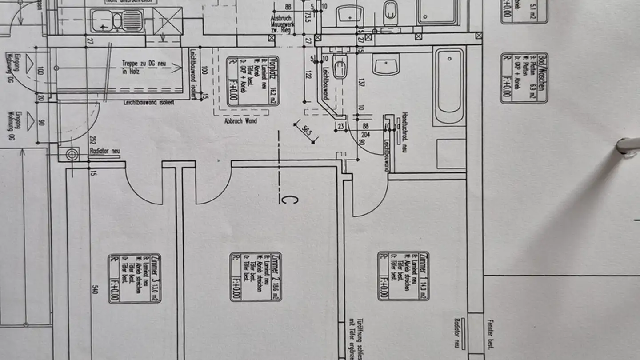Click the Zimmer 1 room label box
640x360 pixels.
pyautogui.click(x=404, y=276)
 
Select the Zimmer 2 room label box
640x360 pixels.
pyautogui.click(x=256, y=277)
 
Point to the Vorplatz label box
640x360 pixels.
pyautogui.click(x=253, y=82)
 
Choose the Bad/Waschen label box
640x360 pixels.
pyautogui.click(x=524, y=78)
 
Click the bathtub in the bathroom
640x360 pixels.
pyautogui.click(x=449, y=86)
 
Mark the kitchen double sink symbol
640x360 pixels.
pyautogui.click(x=117, y=20)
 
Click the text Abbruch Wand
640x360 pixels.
pyautogui.click(x=240, y=120)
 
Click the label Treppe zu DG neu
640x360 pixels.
pyautogui.click(x=144, y=67)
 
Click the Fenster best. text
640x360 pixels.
pyautogui.click(x=491, y=334)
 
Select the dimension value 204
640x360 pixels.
pyautogui.click(x=366, y=134)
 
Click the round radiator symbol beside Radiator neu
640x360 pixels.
pyautogui.click(x=72, y=155)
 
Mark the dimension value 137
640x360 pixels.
pyautogui.click(x=361, y=83)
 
